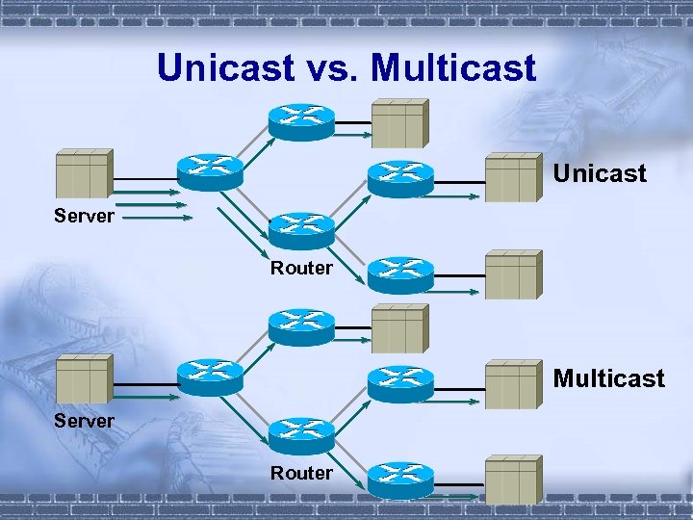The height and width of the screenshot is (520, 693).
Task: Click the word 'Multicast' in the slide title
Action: coord(452,67)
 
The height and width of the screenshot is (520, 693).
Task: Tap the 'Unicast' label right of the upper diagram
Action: coord(599,173)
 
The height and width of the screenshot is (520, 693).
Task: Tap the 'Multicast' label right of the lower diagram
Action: coord(608,378)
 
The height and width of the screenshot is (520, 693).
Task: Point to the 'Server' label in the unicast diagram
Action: coord(84,216)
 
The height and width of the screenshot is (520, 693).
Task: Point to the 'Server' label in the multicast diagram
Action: coord(84,421)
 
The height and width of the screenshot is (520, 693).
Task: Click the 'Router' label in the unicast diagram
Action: coord(301,269)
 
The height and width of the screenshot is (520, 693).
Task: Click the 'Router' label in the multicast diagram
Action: coord(301,473)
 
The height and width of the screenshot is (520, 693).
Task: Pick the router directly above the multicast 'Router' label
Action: coord(301,435)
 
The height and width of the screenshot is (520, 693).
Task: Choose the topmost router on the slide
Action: coord(301,119)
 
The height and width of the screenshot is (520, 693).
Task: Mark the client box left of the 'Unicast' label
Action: coord(512,176)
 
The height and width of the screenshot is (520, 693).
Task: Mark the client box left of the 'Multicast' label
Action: coord(512,383)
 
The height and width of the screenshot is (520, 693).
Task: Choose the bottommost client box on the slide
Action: coord(512,480)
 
